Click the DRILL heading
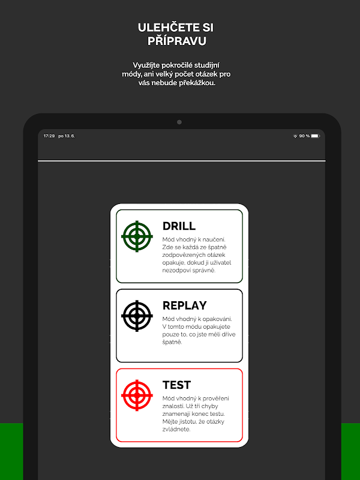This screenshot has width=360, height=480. point(179,226)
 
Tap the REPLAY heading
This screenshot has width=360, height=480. point(185,305)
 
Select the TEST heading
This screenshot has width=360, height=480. point(176,385)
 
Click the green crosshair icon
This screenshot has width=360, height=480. point(137,236)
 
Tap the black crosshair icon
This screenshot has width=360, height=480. point(137,316)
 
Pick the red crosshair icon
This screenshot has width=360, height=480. point(137,395)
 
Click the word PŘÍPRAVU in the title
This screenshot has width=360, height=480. point(176,41)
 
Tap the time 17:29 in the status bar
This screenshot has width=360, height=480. point(49,136)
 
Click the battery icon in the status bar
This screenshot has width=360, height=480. point(316,136)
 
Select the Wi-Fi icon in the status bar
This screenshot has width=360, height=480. point(295,136)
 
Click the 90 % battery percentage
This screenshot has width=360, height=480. point(304,136)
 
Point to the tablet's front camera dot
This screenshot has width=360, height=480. point(179,122)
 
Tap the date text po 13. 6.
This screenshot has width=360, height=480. point(67,136)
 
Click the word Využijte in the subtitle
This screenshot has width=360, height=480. point(145,65)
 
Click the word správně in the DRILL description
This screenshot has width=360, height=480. point(205,271)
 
